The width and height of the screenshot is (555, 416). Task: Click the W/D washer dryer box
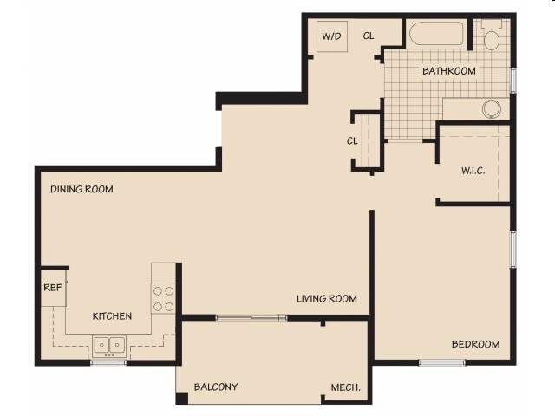(x=330, y=36)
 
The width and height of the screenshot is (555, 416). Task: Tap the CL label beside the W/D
(x=369, y=36)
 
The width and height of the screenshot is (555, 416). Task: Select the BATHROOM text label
(x=448, y=71)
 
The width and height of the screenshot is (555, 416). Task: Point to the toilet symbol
(x=492, y=37)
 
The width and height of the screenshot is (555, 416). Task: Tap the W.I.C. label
(x=473, y=170)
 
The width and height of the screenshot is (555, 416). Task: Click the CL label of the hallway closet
(x=353, y=141)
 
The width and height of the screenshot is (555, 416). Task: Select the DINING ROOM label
(x=82, y=189)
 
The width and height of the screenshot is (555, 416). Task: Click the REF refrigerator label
(x=52, y=288)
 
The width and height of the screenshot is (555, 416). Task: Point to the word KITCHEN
(x=112, y=316)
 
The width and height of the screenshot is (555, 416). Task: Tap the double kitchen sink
(x=108, y=344)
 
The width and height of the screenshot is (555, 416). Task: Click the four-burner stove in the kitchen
(x=164, y=299)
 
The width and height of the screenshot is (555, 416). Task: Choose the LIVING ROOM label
(x=327, y=299)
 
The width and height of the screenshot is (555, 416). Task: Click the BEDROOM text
(x=475, y=345)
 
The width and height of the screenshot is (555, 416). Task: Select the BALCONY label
(x=216, y=387)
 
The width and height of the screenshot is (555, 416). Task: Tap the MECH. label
(x=346, y=387)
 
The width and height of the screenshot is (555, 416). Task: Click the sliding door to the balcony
(x=251, y=318)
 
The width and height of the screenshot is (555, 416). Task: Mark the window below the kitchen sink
(x=108, y=361)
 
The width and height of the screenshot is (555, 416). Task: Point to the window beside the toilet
(x=513, y=79)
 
